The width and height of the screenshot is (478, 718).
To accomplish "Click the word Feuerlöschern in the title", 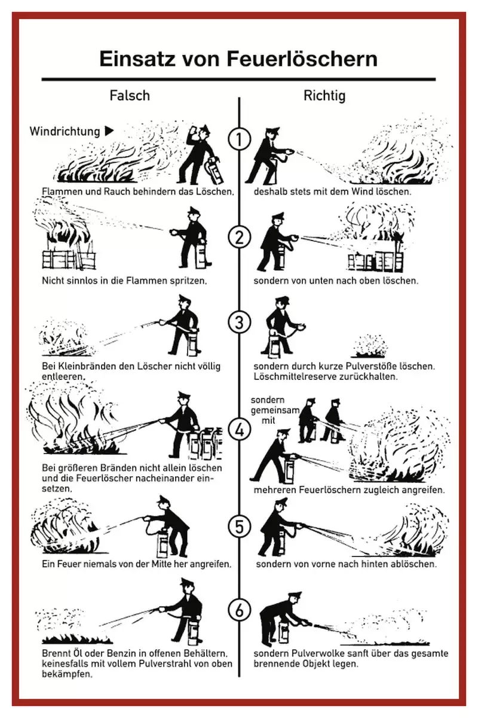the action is click(302, 59).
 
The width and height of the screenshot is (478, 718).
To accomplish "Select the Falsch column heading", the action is click(130, 96).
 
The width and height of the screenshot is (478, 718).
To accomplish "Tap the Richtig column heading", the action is click(324, 96).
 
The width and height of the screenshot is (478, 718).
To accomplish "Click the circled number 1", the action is click(239, 139).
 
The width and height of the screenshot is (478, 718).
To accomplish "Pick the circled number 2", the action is click(239, 238).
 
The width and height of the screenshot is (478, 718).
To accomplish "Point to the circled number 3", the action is click(239, 323).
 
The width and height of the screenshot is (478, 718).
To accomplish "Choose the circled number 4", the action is click(239, 430).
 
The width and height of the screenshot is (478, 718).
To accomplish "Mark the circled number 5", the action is click(239, 527).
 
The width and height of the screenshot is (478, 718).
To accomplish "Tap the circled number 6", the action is click(239, 610).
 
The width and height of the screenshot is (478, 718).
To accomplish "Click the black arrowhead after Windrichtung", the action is click(109, 131).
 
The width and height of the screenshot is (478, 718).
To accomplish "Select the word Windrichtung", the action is click(65, 132).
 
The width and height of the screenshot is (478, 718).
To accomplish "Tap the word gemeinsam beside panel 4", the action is click(275, 410).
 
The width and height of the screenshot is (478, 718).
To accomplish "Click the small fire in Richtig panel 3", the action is click(368, 346).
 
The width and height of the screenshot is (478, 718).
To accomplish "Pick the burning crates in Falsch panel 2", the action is click(69, 245).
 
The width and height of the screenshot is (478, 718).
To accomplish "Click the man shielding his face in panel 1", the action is click(198, 154).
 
